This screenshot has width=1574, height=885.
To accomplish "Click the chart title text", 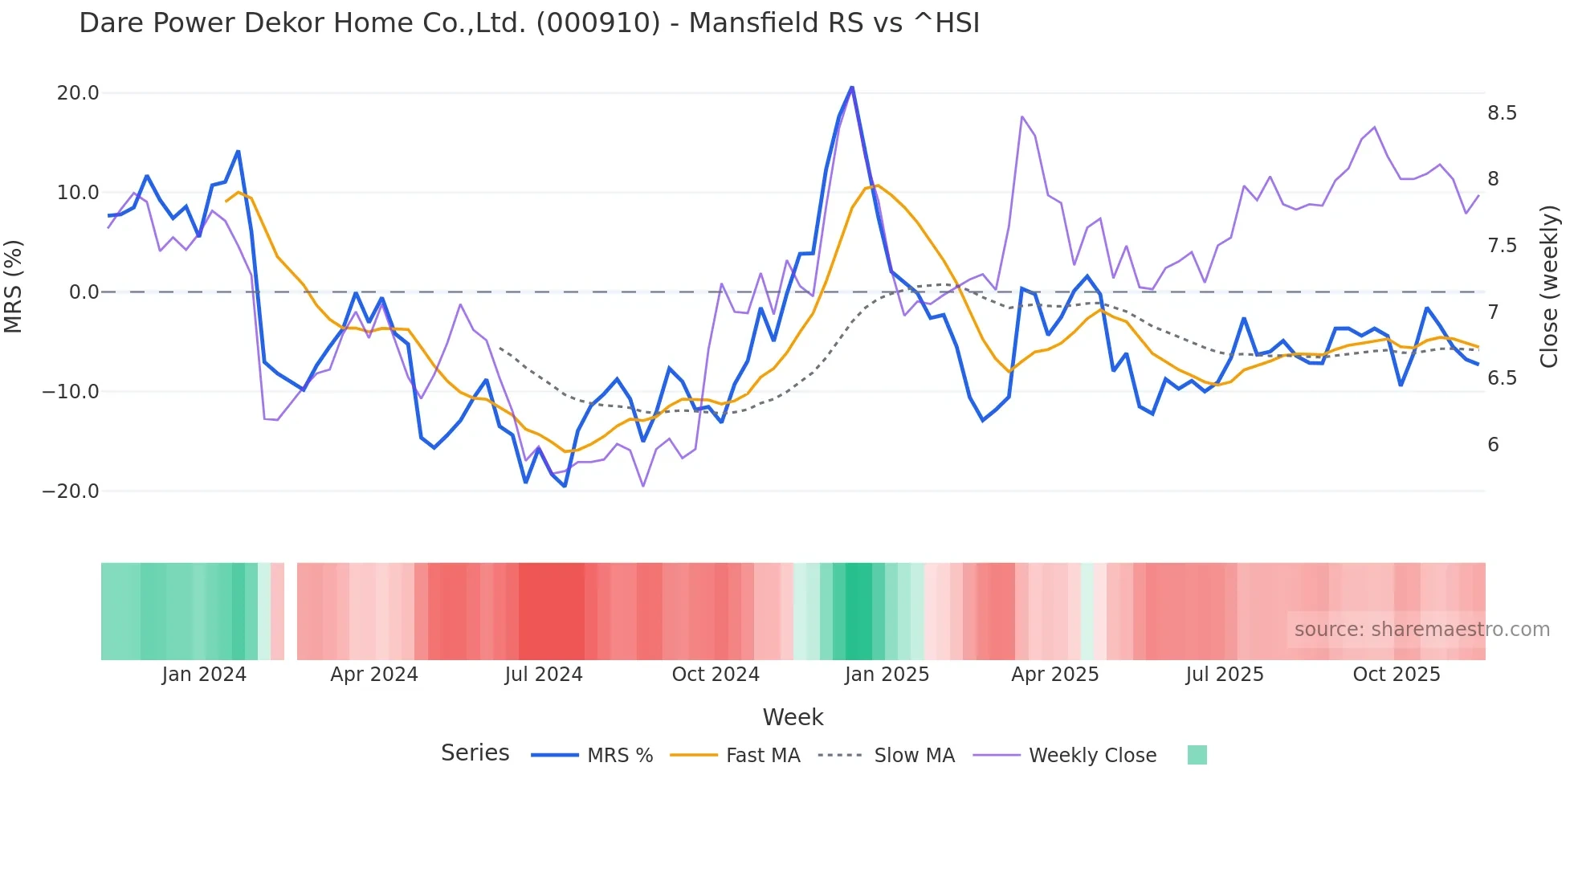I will pyautogui.click(x=529, y=23).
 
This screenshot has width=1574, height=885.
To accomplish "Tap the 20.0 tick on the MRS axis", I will pyautogui.click(x=78, y=93).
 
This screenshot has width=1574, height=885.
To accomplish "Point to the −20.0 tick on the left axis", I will pyautogui.click(x=71, y=491).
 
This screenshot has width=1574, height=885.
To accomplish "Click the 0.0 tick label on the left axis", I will pyautogui.click(x=84, y=292).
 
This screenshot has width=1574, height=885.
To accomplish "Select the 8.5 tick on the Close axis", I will pyautogui.click(x=1502, y=113).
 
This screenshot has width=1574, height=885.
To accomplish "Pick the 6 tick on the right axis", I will pyautogui.click(x=1493, y=445).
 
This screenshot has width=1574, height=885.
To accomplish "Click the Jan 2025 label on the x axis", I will pyautogui.click(x=887, y=675).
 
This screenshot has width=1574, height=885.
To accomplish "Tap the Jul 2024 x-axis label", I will pyautogui.click(x=544, y=675).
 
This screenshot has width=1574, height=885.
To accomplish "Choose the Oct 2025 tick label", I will pyautogui.click(x=1397, y=675).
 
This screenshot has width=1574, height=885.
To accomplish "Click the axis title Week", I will pyautogui.click(x=793, y=717).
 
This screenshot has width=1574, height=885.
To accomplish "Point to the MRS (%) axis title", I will pyautogui.click(x=14, y=287).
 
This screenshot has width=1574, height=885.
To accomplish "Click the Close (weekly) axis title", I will pyautogui.click(x=1549, y=287).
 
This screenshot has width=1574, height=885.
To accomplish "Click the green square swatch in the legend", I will pyautogui.click(x=1197, y=755).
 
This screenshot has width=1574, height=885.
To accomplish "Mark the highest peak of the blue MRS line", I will pyautogui.click(x=852, y=88).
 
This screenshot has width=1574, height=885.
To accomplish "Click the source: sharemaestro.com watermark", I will pyautogui.click(x=1421, y=630).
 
